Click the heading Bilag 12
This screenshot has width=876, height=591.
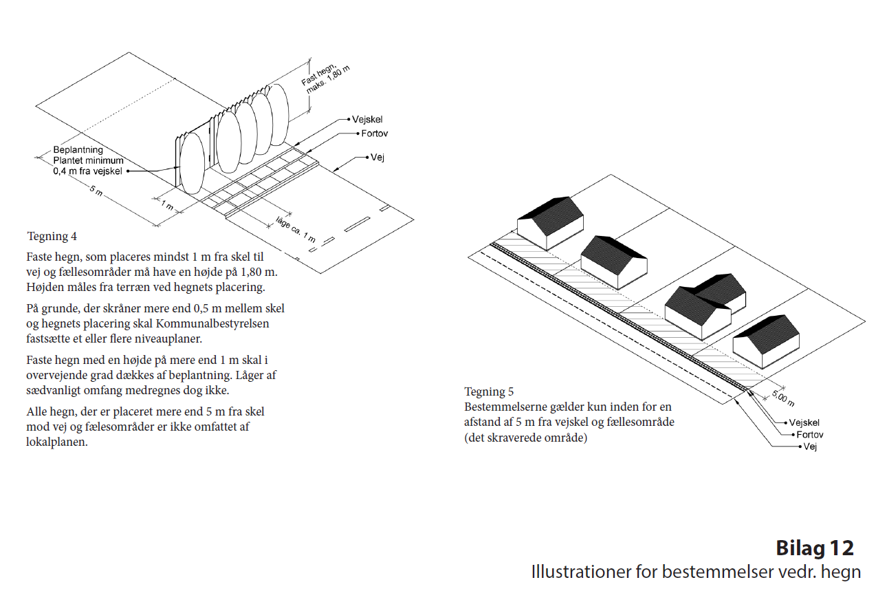[815, 548]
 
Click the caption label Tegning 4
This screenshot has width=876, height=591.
[52, 237]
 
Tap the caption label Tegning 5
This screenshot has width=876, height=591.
[489, 392]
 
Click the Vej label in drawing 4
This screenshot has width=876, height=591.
[377, 158]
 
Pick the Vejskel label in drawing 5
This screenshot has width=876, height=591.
[804, 422]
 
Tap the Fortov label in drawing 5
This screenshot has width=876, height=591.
[809, 435]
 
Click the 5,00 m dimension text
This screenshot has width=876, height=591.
[782, 397]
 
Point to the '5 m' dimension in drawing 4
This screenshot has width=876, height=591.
[96, 193]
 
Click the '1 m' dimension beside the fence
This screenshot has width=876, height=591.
[166, 205]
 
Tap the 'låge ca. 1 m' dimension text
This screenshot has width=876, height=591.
[295, 229]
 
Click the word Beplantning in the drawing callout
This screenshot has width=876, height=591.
[78, 150]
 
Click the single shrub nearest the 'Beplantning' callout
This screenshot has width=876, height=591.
[192, 163]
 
